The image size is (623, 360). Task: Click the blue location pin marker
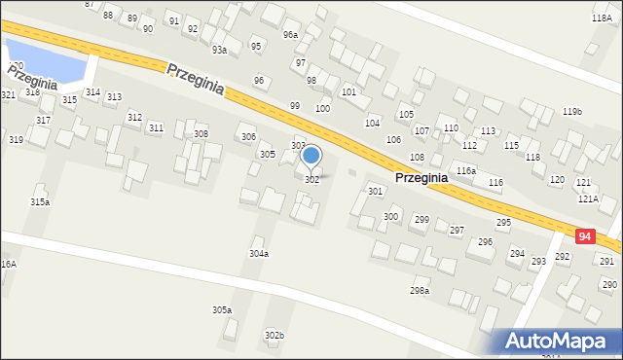(311, 156)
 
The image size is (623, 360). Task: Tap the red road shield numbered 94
(585, 236)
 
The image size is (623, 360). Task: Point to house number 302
(311, 180)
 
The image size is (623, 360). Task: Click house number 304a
(258, 253)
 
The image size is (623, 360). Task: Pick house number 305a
(222, 309)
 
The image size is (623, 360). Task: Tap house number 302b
(275, 335)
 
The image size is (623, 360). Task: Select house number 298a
(420, 290)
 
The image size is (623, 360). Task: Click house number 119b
(572, 112)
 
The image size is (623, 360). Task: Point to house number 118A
(602, 18)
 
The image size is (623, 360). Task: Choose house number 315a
(40, 201)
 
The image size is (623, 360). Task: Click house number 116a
(466, 170)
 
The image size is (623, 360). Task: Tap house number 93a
(220, 50)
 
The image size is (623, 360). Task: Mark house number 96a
(290, 35)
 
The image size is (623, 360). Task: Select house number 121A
(587, 198)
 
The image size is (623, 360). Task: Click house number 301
(375, 192)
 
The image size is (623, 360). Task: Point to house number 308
(201, 134)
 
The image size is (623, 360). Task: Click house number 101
(348, 91)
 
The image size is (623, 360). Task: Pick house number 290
(609, 284)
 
